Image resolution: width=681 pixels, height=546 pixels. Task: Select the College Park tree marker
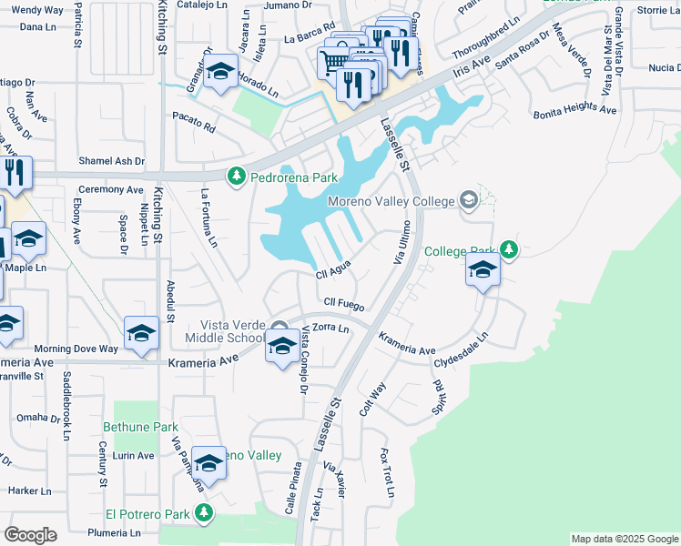(509, 249)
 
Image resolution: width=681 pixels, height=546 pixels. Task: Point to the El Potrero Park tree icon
(203, 514)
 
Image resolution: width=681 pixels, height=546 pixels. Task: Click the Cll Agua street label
(333, 271)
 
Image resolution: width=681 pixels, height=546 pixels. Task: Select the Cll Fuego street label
(343, 304)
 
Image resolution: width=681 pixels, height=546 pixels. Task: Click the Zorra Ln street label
(330, 328)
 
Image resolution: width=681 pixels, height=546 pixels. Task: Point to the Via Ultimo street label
(401, 241)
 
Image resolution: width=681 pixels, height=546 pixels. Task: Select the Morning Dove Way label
(76, 349)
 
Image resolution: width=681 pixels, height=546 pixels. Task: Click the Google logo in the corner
(30, 535)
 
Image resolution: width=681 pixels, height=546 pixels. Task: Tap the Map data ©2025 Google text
(624, 540)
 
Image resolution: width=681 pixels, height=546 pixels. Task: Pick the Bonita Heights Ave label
(574, 109)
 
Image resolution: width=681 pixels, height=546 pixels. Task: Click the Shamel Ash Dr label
(111, 161)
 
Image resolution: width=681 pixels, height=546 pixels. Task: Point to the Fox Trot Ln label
(387, 472)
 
